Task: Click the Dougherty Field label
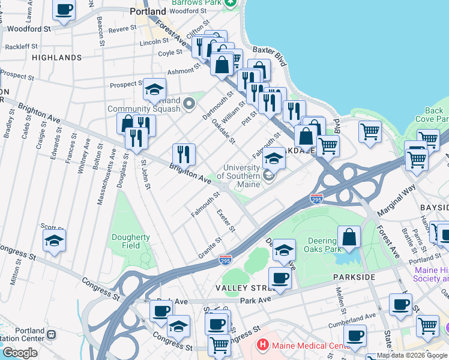pyautogui.click(x=130, y=241)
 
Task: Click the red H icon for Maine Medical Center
pyautogui.click(x=262, y=345)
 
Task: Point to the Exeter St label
pyautogui.click(x=226, y=221)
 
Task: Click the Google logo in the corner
pyautogui.click(x=20, y=353)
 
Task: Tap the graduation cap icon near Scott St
pyautogui.click(x=55, y=241)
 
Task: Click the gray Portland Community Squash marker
pyautogui.click(x=190, y=104)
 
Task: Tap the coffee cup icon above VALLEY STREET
pyautogui.click(x=280, y=278)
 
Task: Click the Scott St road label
pyautogui.click(x=52, y=227)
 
